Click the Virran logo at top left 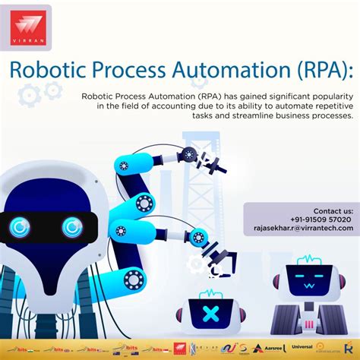click(x=30, y=29)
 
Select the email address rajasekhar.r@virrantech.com click(x=303, y=227)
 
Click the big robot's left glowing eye click(x=21, y=226)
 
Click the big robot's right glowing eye click(x=71, y=226)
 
